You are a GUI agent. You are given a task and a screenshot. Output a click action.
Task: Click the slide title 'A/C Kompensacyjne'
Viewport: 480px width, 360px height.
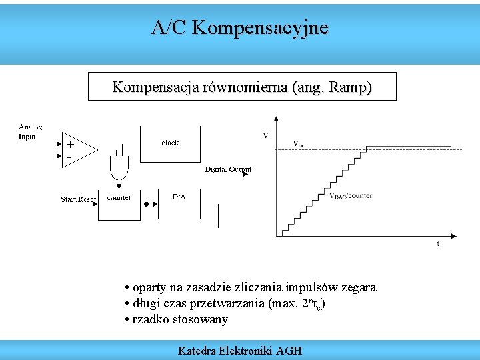pos(239,28)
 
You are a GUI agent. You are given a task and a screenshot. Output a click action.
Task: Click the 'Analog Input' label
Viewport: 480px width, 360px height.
pos(30,131)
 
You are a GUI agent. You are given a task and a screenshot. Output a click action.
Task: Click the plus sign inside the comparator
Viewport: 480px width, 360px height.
pos(70,145)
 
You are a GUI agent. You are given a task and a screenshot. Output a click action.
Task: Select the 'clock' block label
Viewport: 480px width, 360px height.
pos(170,143)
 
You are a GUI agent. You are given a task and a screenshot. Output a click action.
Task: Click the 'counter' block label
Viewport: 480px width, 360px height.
pos(119,197)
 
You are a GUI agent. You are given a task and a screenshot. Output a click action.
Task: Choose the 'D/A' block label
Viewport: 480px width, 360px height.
pos(179,197)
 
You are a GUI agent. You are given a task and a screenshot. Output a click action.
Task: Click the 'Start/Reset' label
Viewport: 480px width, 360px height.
pos(79,199)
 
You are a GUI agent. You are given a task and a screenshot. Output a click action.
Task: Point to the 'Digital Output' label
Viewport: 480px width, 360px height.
pos(228,169)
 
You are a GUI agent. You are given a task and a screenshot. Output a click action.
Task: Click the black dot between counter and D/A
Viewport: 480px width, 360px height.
pos(147,204)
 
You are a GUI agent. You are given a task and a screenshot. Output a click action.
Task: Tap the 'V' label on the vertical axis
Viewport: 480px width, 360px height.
pos(265,135)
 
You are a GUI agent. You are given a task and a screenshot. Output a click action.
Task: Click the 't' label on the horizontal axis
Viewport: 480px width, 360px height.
pos(437,244)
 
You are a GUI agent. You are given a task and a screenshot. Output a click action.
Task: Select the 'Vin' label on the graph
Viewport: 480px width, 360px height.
pos(299,143)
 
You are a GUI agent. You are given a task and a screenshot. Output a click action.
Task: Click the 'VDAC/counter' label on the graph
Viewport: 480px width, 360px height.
pos(351,196)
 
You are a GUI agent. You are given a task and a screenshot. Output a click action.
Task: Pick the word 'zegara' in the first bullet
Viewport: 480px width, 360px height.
pos(359,287)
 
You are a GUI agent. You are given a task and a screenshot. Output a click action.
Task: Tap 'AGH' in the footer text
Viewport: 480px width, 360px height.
pos(289,350)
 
